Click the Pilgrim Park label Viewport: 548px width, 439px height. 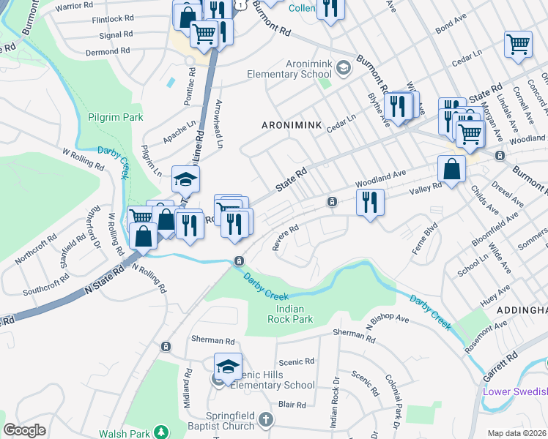point(114,116)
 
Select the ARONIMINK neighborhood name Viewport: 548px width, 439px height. point(292,126)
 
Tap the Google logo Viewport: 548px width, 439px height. point(25,430)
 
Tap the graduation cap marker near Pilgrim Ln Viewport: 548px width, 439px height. point(185,178)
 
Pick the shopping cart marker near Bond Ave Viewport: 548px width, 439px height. point(517,43)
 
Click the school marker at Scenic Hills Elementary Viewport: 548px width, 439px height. point(228,365)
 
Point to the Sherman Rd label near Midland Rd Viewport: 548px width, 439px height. point(212,340)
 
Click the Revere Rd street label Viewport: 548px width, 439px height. point(285,237)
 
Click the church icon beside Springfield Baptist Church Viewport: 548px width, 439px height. point(266,421)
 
